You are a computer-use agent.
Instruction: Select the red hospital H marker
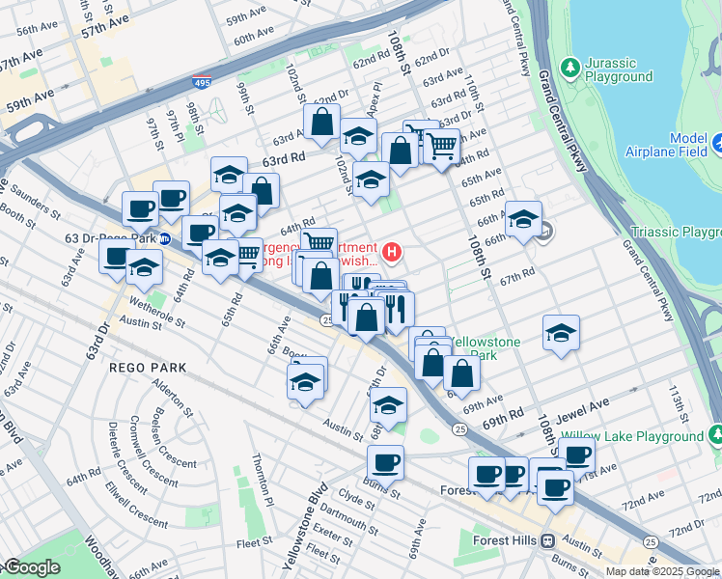(x=392, y=253)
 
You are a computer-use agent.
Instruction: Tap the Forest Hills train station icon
(x=548, y=540)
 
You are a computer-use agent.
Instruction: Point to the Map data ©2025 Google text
(x=663, y=571)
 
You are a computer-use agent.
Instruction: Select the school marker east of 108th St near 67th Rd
(x=561, y=333)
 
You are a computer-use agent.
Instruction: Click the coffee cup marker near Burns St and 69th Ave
(x=385, y=463)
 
